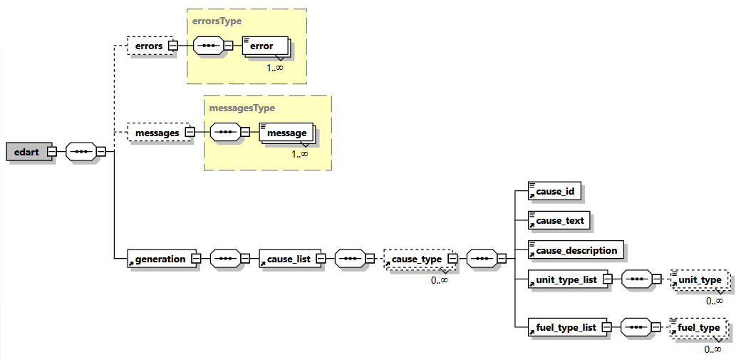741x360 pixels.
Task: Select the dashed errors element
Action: [149, 46]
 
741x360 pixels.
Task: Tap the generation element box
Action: [157, 259]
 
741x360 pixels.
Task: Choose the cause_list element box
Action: [287, 259]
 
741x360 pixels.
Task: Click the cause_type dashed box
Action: [416, 259]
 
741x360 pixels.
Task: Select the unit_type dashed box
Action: [700, 279]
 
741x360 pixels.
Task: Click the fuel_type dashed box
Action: [698, 328]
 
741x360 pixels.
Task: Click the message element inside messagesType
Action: [285, 133]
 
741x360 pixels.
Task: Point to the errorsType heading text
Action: [217, 21]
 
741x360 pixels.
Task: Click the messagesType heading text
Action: [242, 108]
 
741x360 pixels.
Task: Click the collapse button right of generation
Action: [195, 259]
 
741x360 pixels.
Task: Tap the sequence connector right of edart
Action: [81, 152]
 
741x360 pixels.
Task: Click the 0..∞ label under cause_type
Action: [439, 280]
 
